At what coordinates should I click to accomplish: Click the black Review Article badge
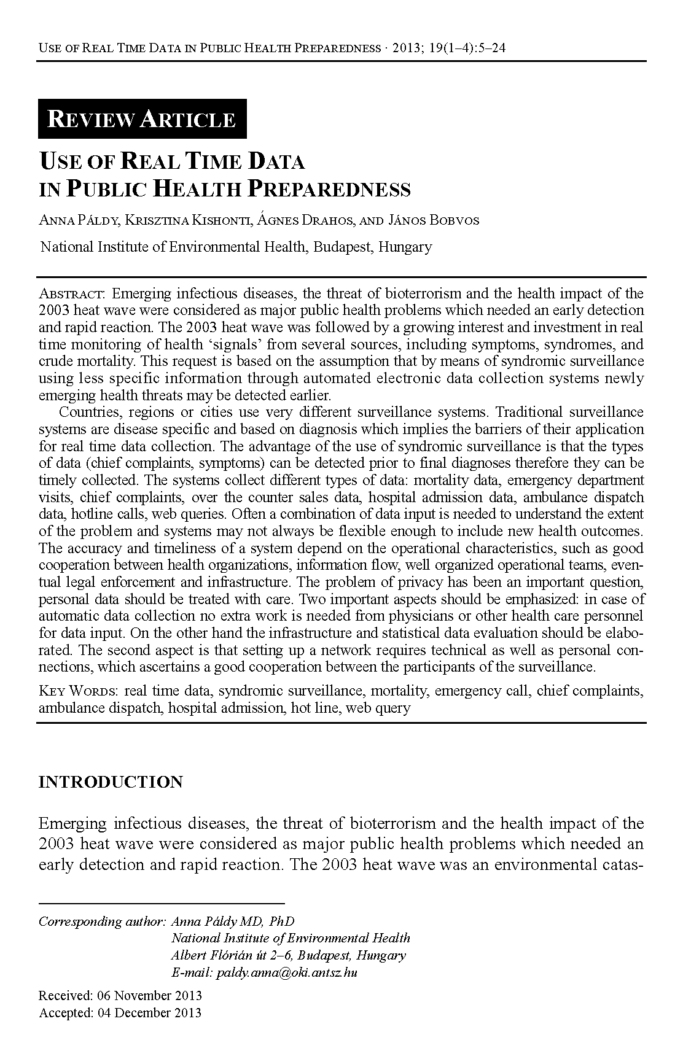tap(142, 118)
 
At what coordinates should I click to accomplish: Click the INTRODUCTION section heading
tap(111, 782)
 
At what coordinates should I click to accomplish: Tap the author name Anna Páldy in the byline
tap(79, 220)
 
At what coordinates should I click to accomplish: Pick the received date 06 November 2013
tap(149, 995)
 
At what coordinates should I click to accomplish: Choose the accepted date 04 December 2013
tap(149, 1012)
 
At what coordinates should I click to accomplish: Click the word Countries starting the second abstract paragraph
tap(90, 411)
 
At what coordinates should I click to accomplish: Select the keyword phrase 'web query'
tap(378, 708)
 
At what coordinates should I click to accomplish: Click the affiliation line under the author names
tap(236, 247)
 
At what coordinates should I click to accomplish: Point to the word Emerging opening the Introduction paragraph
tap(72, 823)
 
